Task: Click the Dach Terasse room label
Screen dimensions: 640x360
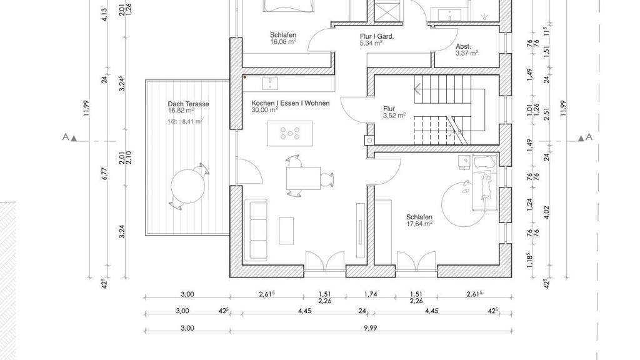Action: pyautogui.click(x=188, y=104)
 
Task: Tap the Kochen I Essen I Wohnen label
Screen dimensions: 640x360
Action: pyautogui.click(x=290, y=103)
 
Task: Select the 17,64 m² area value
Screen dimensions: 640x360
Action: pyautogui.click(x=419, y=223)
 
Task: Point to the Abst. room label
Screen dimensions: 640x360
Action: pyautogui.click(x=463, y=46)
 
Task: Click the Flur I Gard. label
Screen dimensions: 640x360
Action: pyautogui.click(x=377, y=36)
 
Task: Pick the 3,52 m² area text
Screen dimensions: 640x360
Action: pyautogui.click(x=394, y=116)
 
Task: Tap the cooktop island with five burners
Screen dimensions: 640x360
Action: pyautogui.click(x=290, y=133)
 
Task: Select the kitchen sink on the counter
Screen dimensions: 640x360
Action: pyautogui.click(x=270, y=84)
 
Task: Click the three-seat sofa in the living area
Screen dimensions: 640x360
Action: pyautogui.click(x=256, y=230)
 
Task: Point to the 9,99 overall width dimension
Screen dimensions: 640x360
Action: pyautogui.click(x=371, y=327)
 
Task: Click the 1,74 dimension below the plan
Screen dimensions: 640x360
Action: pyautogui.click(x=371, y=294)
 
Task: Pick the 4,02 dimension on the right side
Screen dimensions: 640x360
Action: pyautogui.click(x=547, y=212)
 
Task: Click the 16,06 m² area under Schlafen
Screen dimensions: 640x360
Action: pyautogui.click(x=283, y=42)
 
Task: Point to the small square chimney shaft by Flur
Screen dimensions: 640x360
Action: pyautogui.click(x=369, y=140)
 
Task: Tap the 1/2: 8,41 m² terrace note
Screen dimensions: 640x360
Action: pyautogui.click(x=185, y=121)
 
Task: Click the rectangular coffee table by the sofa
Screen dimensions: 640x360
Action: pyautogui.click(x=286, y=231)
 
